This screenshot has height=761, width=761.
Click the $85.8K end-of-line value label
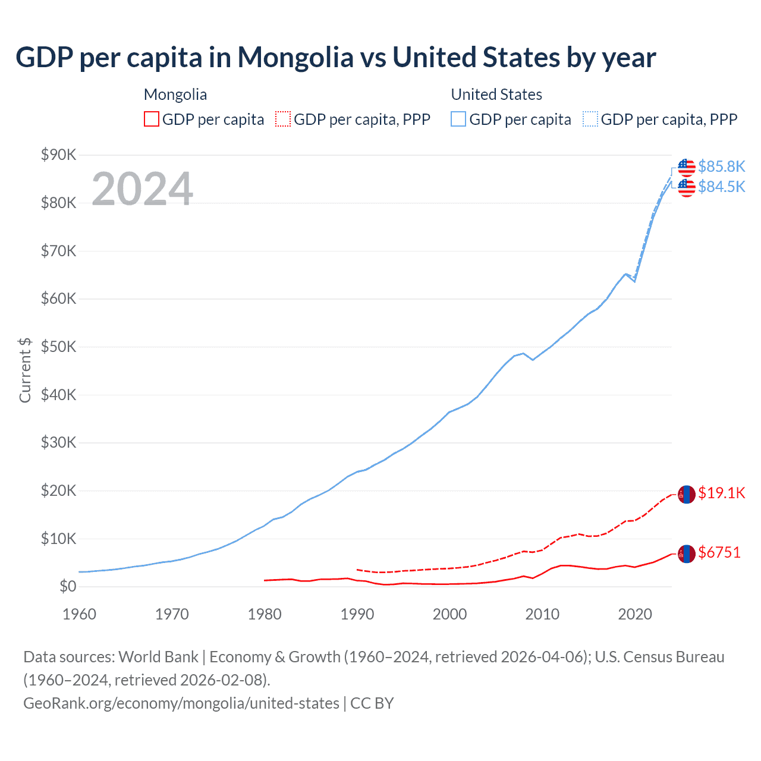coord(721,166)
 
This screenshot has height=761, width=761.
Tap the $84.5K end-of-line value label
coord(721,187)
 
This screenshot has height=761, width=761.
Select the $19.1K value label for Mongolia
coord(721,493)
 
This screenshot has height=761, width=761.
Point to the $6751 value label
coord(719,552)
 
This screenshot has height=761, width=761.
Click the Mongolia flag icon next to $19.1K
coord(687,494)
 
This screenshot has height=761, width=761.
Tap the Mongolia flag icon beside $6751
coord(687,554)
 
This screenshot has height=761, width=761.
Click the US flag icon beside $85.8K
coord(687,168)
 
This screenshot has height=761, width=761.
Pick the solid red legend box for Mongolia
coord(152,120)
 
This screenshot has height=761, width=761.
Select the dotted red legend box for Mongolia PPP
coord(283,120)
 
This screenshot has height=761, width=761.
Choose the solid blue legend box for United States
coord(458,120)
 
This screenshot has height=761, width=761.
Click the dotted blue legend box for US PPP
coord(590,120)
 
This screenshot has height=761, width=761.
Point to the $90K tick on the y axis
coord(59,155)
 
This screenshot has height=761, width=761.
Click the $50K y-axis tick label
coord(59,347)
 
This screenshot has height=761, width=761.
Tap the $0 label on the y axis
coord(68,587)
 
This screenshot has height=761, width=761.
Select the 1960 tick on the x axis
coord(79,614)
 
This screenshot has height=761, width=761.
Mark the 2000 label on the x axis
coord(449,614)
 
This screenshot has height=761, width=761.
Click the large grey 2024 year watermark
coord(142,189)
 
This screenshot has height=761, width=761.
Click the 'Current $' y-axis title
coord(25,370)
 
